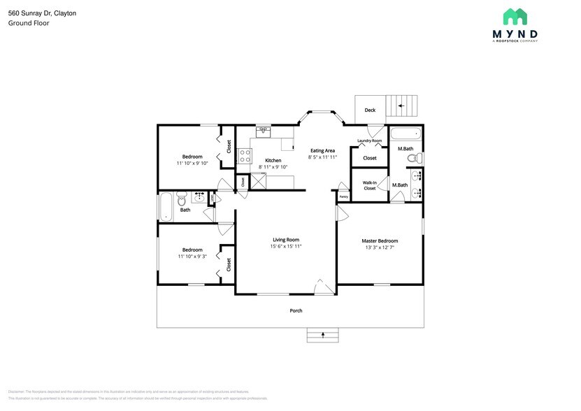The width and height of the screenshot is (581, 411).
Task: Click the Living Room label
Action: click(286, 239)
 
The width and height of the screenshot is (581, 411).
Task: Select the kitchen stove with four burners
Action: click(245, 156)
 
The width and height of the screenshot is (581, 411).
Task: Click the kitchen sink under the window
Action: click(264, 131)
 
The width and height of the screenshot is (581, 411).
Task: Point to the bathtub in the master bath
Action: click(405, 134)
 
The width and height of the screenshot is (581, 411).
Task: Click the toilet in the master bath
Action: click(412, 159)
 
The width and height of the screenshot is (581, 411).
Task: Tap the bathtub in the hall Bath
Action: click(165, 206)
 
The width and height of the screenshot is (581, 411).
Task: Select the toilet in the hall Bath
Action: click(182, 196)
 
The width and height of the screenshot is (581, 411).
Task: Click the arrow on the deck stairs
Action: click(401, 106)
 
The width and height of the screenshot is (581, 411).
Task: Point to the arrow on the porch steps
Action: click(323, 336)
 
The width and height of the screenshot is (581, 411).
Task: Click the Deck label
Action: click(370, 110)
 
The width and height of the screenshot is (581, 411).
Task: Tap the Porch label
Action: click(296, 310)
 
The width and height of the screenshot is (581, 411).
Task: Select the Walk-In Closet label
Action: click(369, 185)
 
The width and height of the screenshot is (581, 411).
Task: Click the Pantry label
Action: click(343, 197)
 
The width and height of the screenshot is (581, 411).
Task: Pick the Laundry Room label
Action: click(369, 141)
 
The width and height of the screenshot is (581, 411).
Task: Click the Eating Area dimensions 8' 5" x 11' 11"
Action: click(322, 157)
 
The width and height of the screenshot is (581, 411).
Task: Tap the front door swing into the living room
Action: click(323, 287)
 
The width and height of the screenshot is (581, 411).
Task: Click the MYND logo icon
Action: click(515, 17)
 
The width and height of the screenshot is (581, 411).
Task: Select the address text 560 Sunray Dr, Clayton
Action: click(42, 13)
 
